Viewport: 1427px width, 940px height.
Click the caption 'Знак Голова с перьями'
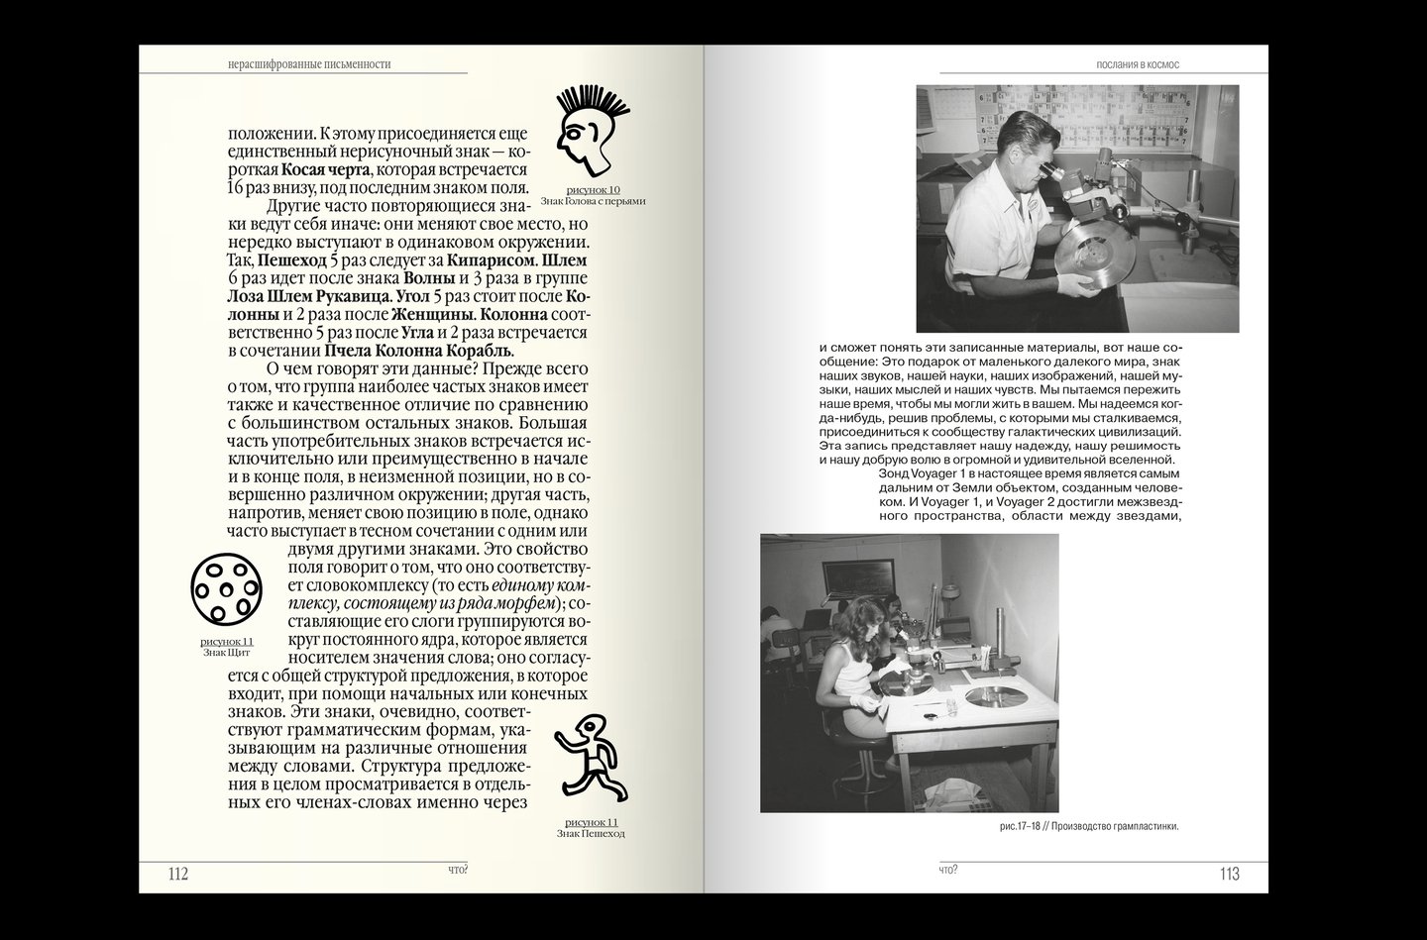(x=593, y=201)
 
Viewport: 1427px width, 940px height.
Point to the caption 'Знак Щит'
(x=226, y=654)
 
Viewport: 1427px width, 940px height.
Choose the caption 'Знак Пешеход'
(x=591, y=834)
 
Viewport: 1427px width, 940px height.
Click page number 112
(x=178, y=874)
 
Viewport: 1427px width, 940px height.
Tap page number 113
(x=1229, y=874)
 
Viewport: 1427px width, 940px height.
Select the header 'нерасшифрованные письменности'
(x=309, y=64)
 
